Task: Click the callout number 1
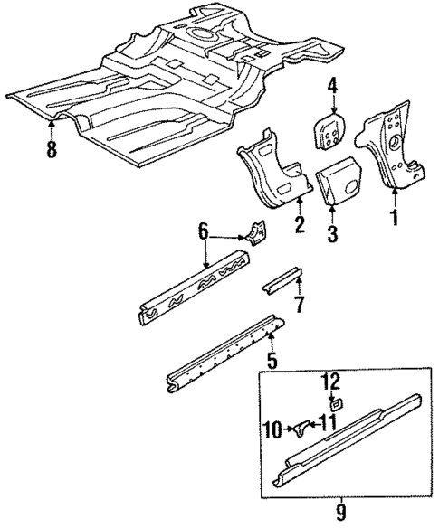(x=394, y=217)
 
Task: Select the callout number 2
(x=299, y=223)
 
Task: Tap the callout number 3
(x=333, y=237)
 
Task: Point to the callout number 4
(x=332, y=88)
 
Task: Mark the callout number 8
(x=51, y=147)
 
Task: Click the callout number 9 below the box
(x=340, y=514)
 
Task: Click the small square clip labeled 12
(x=333, y=404)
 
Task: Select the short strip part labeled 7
(x=281, y=278)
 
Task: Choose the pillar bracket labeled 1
(x=392, y=145)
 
